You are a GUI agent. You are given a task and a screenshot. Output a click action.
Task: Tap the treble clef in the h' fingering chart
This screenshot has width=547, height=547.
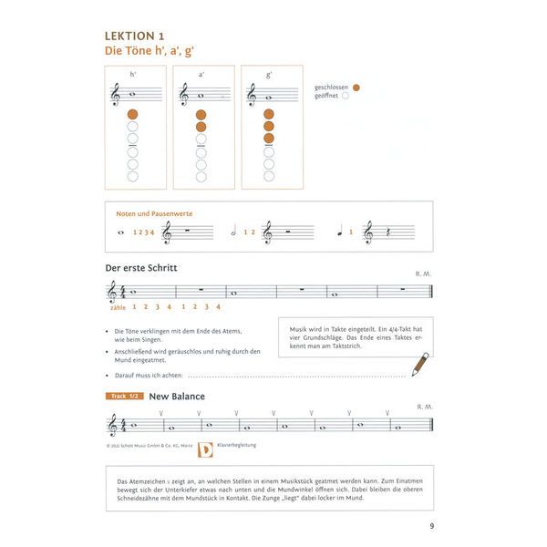pyautogui.click(x=116, y=93)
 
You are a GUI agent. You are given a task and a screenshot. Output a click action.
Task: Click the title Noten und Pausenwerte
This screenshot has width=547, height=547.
pyautogui.click(x=154, y=214)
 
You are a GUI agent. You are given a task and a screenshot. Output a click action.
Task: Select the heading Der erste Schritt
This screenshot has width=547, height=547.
pyautogui.click(x=141, y=268)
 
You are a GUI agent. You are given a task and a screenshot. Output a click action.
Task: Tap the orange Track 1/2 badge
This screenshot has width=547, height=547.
pyautogui.click(x=124, y=397)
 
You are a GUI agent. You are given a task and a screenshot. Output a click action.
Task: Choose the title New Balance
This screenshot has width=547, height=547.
pyautogui.click(x=177, y=397)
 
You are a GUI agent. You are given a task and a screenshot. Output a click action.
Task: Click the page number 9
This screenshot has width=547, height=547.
pyautogui.click(x=431, y=524)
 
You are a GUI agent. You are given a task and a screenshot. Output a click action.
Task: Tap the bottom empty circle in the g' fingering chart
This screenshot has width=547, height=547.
pyautogui.click(x=269, y=177)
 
